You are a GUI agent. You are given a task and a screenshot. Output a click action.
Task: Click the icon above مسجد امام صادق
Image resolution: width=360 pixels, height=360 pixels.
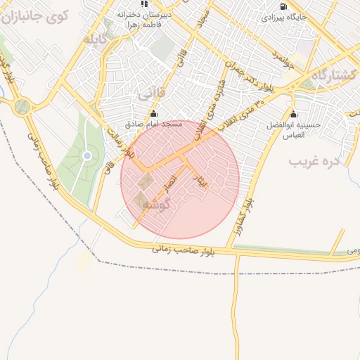pos(154,114)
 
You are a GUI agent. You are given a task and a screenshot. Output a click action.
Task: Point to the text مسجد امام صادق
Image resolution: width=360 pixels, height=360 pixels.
pos(153,124)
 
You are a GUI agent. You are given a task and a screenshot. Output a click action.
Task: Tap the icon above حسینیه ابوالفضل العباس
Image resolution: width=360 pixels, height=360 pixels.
pos(293,115)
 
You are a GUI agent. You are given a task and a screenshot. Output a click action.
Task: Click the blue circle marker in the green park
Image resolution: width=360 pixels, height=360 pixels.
pos(87,155)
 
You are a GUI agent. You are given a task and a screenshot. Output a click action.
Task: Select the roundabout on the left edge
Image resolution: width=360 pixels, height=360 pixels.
pos(22,107)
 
